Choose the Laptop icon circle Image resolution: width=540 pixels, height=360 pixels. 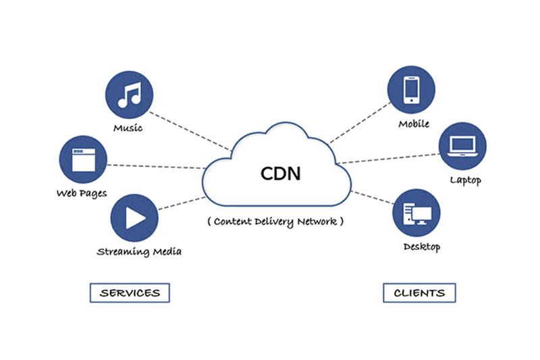point(462,145)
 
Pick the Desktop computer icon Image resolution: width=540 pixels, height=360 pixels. point(418,213)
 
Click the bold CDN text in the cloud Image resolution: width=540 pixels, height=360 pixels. point(281,173)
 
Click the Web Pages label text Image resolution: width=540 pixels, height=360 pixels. point(82,194)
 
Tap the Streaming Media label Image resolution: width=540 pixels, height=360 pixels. point(139,252)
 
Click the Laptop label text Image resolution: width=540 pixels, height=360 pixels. point(466,180)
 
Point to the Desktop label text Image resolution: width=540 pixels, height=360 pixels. point(421,247)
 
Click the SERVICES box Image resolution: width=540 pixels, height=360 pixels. point(130,293)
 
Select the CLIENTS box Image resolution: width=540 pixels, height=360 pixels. point(419,293)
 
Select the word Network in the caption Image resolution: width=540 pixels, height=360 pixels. point(319,221)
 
